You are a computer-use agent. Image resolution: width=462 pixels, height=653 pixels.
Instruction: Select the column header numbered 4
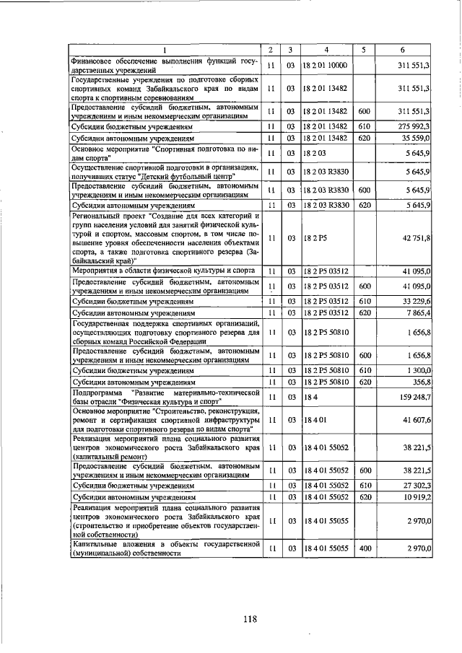tap(326, 50)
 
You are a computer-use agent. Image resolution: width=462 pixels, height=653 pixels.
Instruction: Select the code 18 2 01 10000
tap(326, 66)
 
